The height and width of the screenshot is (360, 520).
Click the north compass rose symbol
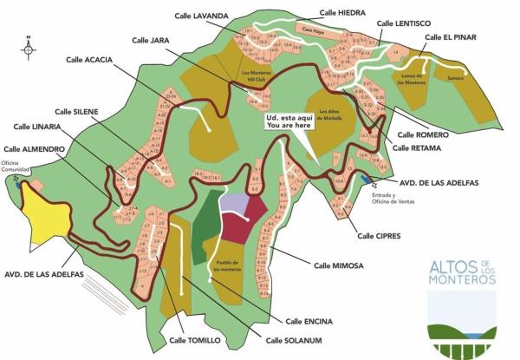[x=29, y=49]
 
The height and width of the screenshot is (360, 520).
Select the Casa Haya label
[x=311, y=29]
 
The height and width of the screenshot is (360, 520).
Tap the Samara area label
[x=455, y=77]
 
